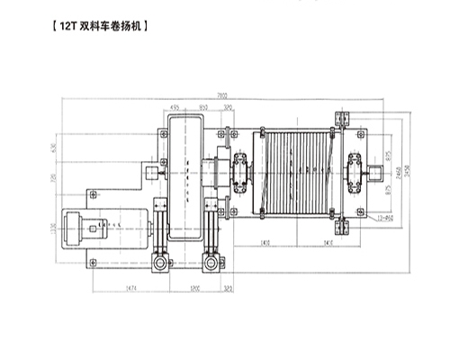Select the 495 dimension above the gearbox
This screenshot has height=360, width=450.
click(x=173, y=106)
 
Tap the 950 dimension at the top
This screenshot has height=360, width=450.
click(x=204, y=106)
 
